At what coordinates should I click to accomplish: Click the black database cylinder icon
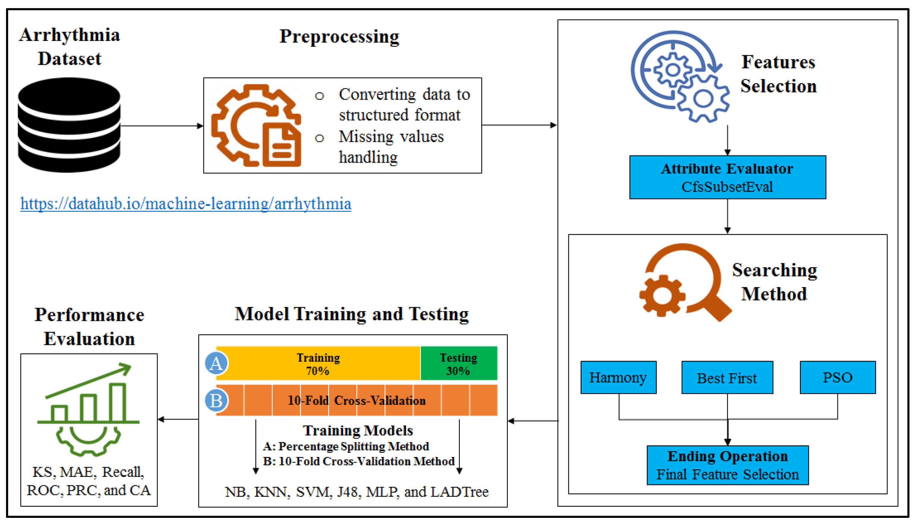pos(69,125)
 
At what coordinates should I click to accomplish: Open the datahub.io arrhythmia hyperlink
pos(186,204)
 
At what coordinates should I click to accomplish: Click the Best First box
pos(727,378)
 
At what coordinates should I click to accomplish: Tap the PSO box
pos(837,377)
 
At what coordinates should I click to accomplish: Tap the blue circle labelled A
pos(216,363)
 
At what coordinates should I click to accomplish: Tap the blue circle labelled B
pos(216,401)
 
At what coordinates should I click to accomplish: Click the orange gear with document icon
pos(256,125)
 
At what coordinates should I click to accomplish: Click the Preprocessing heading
pos(339,36)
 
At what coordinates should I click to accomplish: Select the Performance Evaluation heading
pos(89,327)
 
